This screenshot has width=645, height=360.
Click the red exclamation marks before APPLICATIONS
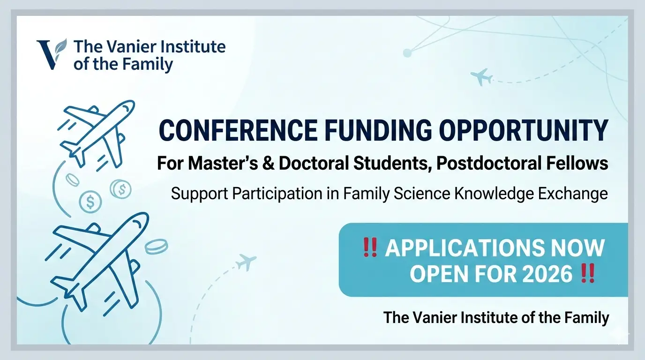click(x=370, y=247)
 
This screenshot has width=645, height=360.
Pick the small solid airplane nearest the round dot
click(x=482, y=76)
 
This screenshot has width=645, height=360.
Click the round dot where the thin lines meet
click(x=407, y=53)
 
